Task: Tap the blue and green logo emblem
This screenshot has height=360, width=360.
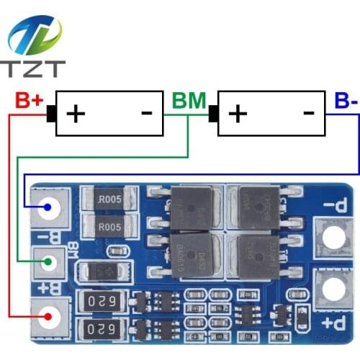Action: pyautogui.click(x=35, y=35)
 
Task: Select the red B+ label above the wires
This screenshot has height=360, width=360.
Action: pyautogui.click(x=29, y=100)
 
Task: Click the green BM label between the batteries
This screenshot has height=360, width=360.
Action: pyautogui.click(x=189, y=100)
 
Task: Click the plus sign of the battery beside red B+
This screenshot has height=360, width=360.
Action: pyautogui.click(x=76, y=113)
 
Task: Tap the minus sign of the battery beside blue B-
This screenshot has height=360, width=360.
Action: pyautogui.click(x=308, y=112)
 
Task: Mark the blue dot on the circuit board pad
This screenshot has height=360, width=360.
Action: pyautogui.click(x=47, y=209)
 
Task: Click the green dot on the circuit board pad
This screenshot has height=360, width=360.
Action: pyautogui.click(x=47, y=262)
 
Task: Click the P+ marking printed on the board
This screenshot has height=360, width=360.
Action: pyautogui.click(x=332, y=321)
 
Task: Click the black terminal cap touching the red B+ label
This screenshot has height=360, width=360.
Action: pyautogui.click(x=51, y=113)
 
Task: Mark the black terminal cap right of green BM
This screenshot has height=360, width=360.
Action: pyautogui.click(x=213, y=113)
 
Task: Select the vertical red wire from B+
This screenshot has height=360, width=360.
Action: pyautogui.click(x=9, y=216)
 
